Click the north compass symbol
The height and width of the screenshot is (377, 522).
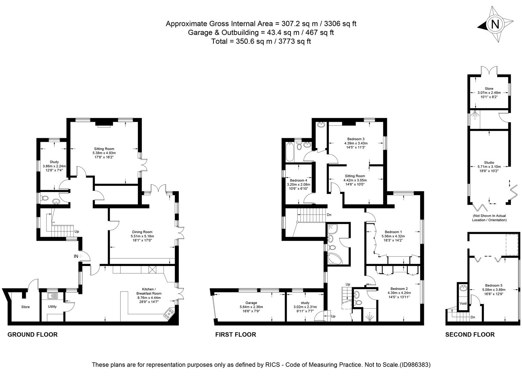point(495,24)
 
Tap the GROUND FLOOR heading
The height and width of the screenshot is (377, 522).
point(32,334)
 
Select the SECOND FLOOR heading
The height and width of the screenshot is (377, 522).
point(470,334)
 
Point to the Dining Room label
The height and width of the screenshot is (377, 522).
point(142,232)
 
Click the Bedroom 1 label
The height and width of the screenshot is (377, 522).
point(393,232)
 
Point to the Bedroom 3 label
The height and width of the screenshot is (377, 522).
point(356,139)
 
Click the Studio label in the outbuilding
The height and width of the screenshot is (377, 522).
point(489,163)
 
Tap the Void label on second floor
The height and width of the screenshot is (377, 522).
point(463,303)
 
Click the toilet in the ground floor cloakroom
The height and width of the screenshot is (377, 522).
point(44,198)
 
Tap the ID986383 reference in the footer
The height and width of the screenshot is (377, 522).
point(414,365)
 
